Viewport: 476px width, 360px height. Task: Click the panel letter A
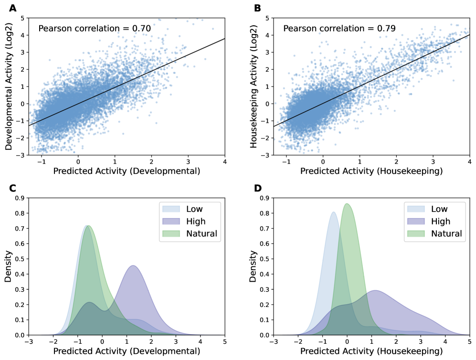coord(13,8)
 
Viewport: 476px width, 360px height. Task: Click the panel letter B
coord(258,8)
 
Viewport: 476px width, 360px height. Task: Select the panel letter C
coord(13,188)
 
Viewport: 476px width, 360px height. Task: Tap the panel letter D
coord(258,188)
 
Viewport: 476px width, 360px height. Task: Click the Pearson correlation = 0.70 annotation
coord(95,29)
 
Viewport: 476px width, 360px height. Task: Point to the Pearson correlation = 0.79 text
coord(339,29)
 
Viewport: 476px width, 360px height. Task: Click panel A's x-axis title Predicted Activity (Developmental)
coord(126,171)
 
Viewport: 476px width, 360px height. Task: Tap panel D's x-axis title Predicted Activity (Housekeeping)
coord(371,351)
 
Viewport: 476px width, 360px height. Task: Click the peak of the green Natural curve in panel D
coord(347,204)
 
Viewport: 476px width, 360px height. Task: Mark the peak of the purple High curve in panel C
coord(133,265)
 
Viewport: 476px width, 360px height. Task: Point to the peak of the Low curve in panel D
coord(333,212)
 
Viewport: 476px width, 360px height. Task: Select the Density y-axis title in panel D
coord(254,266)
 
